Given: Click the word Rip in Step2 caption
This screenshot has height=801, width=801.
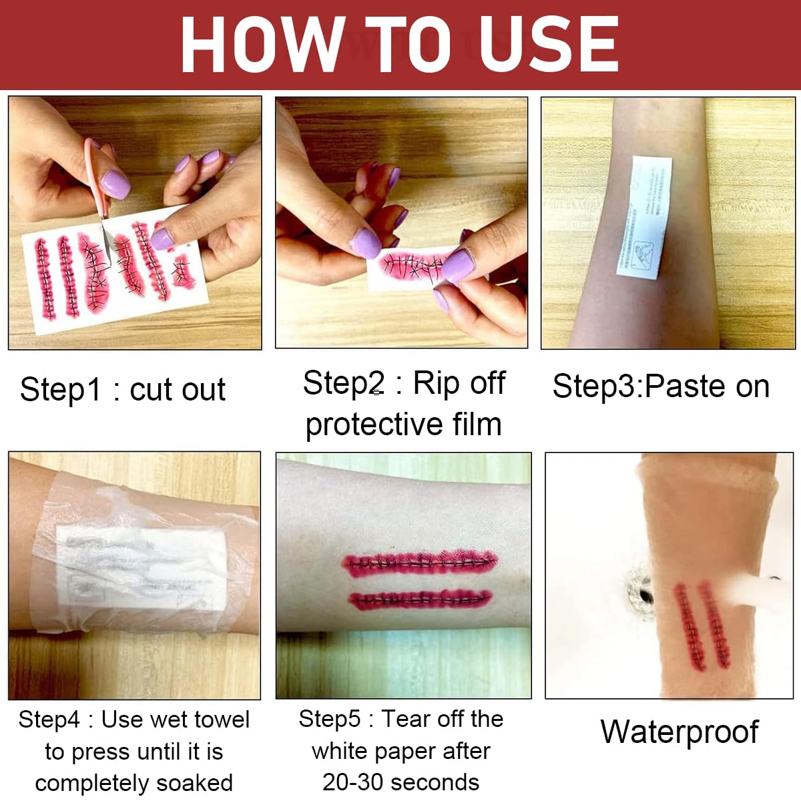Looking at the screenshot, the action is click(436, 383).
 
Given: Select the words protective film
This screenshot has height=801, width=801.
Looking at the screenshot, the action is click(404, 425).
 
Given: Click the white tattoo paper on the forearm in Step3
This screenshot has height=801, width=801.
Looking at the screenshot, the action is click(644, 217).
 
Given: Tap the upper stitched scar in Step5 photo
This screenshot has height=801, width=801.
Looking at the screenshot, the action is click(420, 563).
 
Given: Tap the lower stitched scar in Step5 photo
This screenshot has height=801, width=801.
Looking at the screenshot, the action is click(420, 599).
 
